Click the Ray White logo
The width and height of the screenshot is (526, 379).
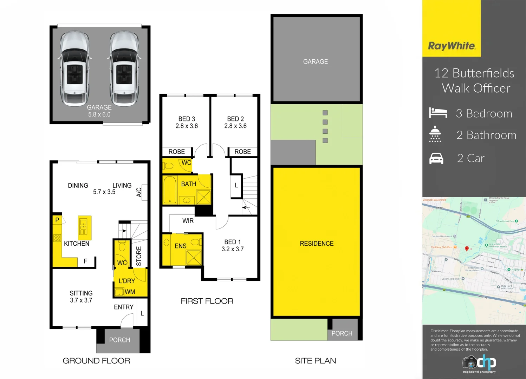coord(452,46)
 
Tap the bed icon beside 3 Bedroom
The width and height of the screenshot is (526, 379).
coord(438,113)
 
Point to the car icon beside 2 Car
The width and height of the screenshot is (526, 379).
coord(436,159)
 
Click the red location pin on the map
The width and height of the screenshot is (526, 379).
coord(467,248)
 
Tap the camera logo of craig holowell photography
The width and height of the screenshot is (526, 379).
coord(469,362)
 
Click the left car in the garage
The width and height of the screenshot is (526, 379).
coord(74,68)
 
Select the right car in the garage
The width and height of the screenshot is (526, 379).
coord(124,68)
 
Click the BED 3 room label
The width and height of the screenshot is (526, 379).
coord(187,119)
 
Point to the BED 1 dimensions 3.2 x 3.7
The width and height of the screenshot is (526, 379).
coord(232,249)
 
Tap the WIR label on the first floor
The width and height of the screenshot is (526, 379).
coord(188,221)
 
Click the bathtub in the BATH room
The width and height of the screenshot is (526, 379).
coord(170,189)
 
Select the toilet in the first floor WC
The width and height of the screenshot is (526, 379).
coord(168,165)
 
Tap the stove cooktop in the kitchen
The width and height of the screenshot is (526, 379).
coord(57,238)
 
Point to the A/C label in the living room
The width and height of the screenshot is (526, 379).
coord(139,192)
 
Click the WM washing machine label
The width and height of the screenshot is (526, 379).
coord(130,292)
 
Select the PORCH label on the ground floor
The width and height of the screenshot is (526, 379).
coord(119,340)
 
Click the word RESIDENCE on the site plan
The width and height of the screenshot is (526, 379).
coord(317,244)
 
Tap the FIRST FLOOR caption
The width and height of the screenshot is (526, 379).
coord(207,301)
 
